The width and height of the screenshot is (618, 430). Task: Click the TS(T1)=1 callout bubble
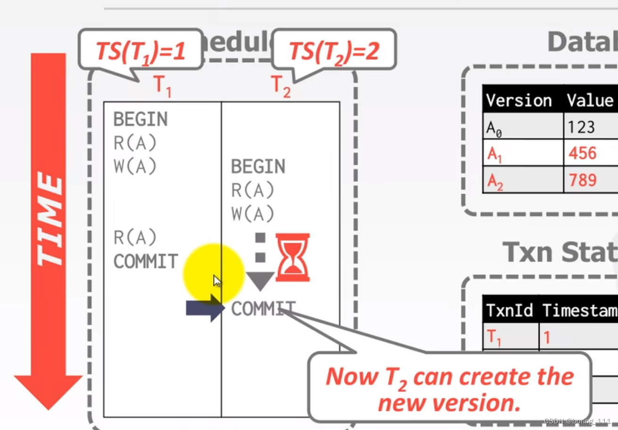point(140,51)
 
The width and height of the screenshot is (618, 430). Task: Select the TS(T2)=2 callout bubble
point(334,51)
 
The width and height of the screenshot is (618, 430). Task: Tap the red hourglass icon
point(293,257)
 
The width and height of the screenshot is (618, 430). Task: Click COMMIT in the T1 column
point(146,261)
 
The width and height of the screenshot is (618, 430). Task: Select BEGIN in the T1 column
point(140,120)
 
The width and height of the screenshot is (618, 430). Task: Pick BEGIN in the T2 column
point(258,167)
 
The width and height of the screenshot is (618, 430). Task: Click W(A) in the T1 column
point(135,167)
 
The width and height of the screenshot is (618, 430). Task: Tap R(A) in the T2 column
point(253,190)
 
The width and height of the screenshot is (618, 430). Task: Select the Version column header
point(519,100)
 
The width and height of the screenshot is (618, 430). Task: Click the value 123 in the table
point(581,127)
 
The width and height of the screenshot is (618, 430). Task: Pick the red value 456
point(582,153)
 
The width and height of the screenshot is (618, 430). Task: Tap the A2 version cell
point(494,181)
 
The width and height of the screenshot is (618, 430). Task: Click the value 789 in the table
point(583,180)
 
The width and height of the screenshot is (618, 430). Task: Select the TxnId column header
point(510,310)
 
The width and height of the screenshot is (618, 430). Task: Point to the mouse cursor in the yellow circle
point(217,281)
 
